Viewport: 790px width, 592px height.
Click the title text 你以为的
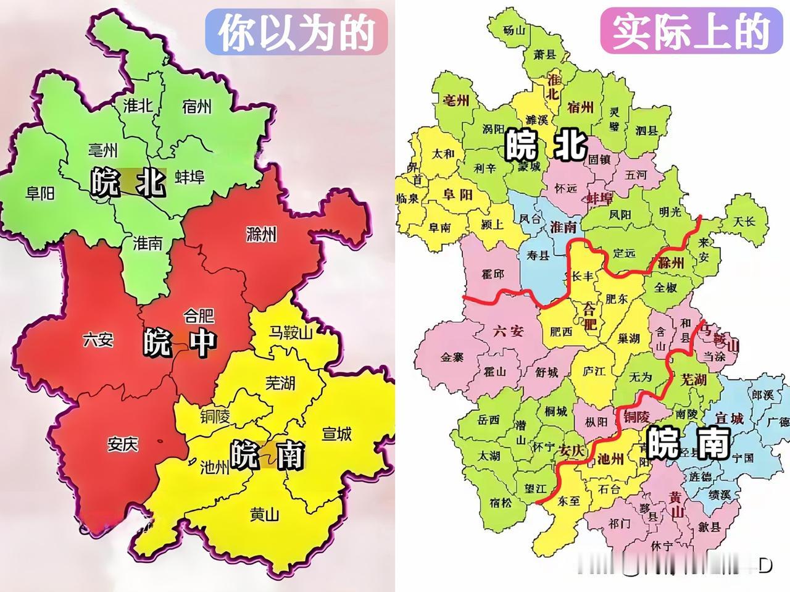[297, 31]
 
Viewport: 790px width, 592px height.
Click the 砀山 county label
[514, 30]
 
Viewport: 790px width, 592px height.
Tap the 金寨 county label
[453, 357]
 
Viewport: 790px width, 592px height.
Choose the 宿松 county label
[501, 502]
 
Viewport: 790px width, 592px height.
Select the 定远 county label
[625, 252]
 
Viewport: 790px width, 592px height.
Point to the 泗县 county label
[646, 131]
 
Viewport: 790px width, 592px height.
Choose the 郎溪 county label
[763, 394]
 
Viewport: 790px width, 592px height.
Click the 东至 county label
[569, 501]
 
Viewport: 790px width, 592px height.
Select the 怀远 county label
[566, 188]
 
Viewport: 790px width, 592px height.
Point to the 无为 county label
[641, 377]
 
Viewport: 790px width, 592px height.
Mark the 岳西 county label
[489, 420]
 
